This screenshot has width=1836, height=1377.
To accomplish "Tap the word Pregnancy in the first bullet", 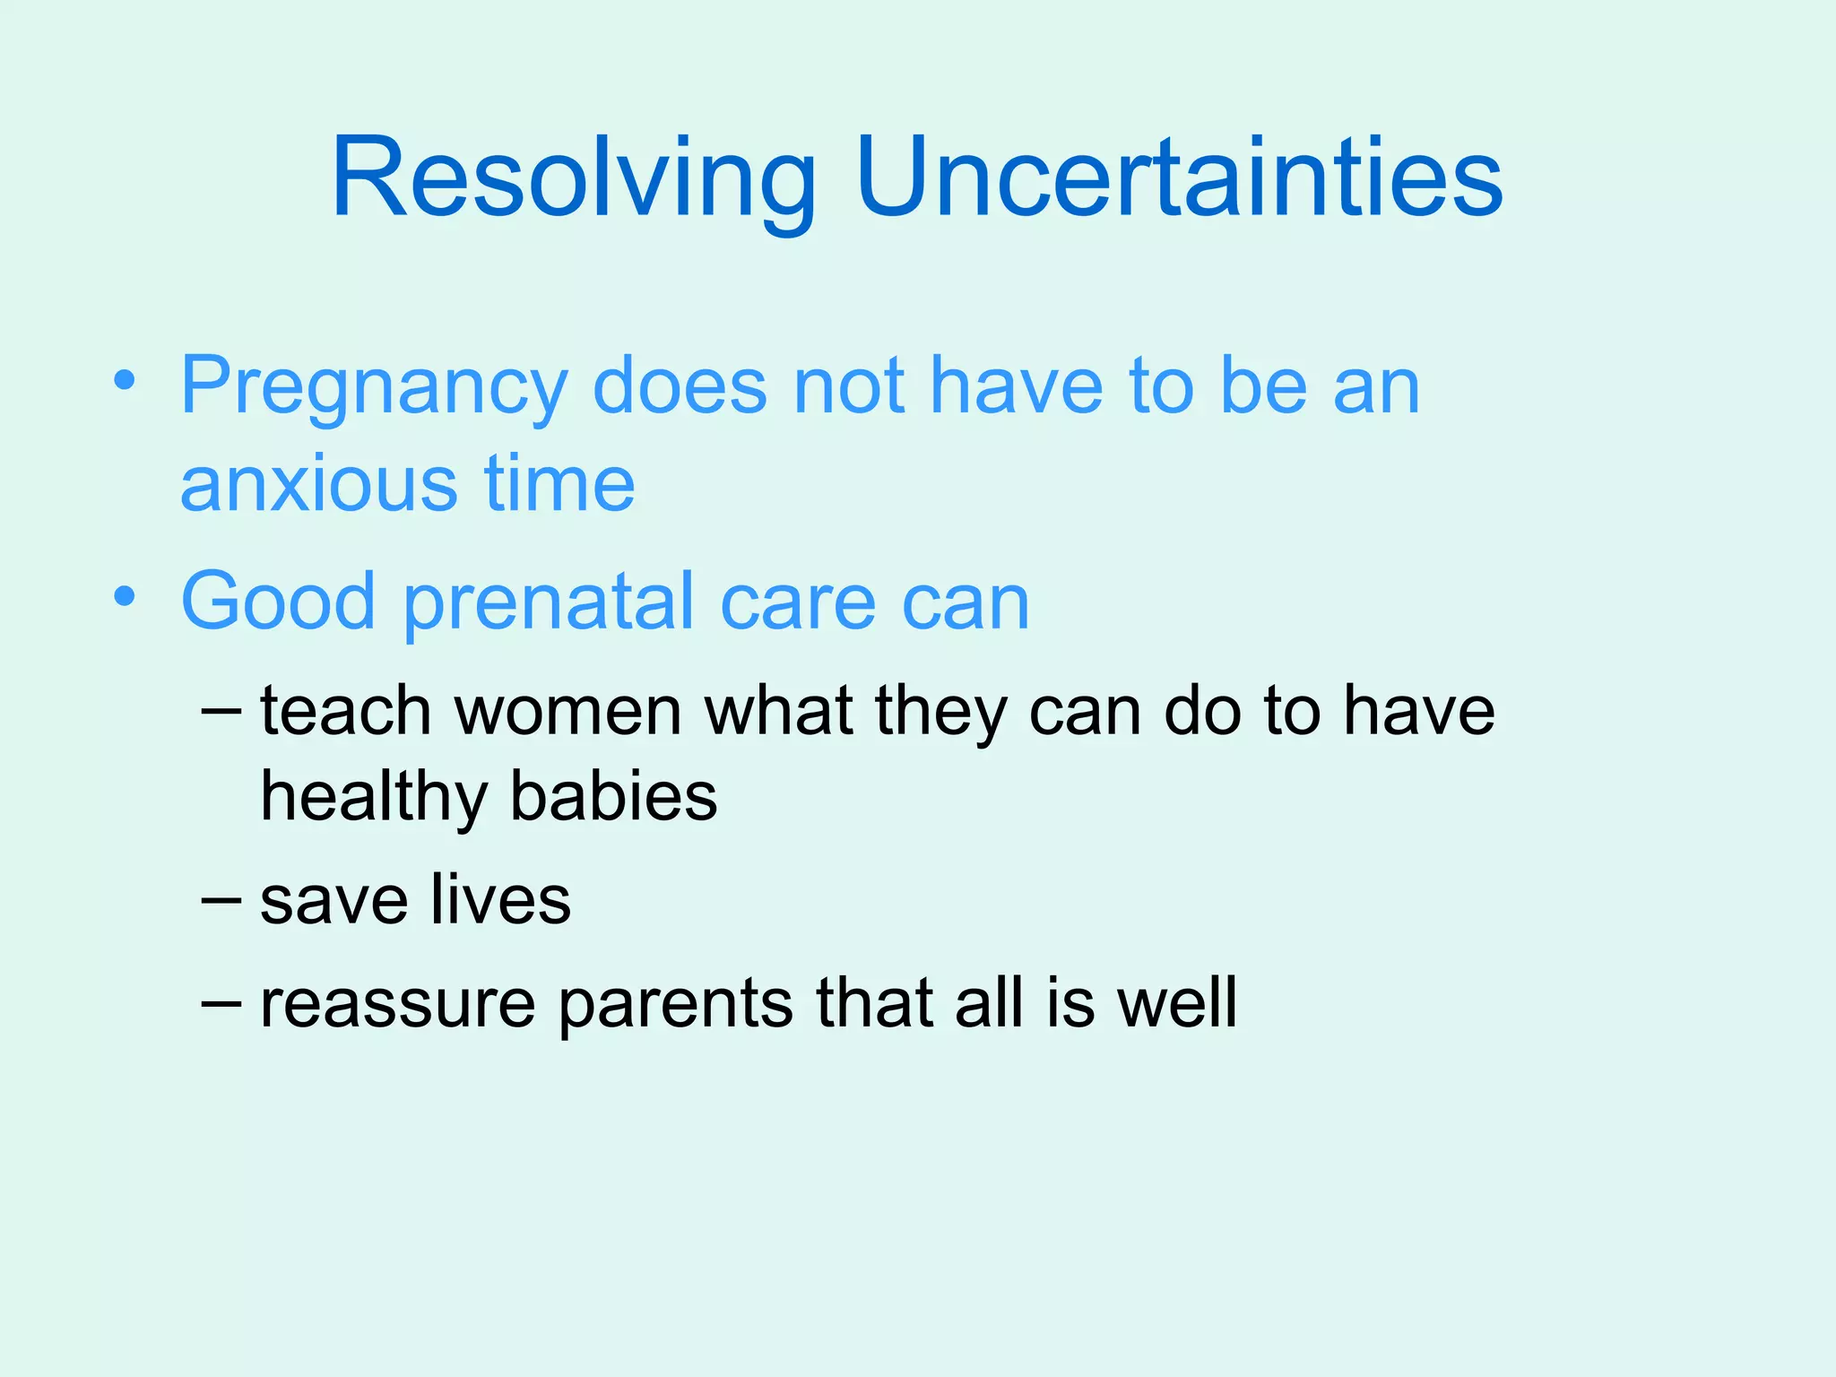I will point(374,387).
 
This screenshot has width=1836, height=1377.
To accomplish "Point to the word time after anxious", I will point(559,484).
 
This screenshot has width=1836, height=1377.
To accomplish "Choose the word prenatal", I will point(550,602).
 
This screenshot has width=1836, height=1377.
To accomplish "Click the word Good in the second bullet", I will point(278,602).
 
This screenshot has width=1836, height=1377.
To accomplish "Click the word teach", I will point(345,711).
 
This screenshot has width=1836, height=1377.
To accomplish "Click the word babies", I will point(614,796).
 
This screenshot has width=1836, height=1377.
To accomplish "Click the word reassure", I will point(397,1003).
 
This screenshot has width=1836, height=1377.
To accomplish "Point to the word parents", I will point(675,1003).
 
